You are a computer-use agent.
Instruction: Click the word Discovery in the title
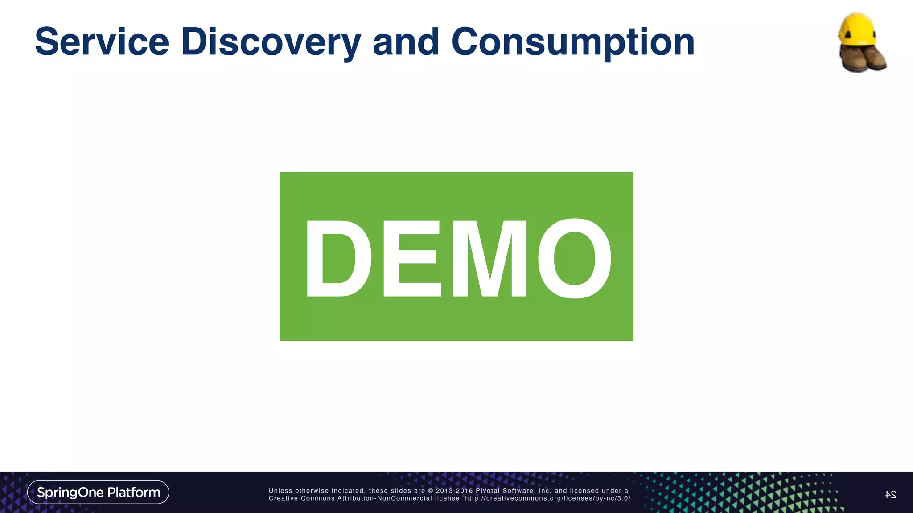[271, 42]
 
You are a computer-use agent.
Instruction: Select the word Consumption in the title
[573, 42]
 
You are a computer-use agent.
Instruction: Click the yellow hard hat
[856, 29]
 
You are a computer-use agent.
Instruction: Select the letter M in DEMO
[489, 259]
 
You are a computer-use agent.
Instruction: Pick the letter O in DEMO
[575, 259]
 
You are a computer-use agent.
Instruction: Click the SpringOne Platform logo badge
[98, 492]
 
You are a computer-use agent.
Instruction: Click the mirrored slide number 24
[890, 494]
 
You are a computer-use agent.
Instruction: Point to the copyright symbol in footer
[430, 491]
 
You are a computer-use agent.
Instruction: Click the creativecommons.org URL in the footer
[547, 498]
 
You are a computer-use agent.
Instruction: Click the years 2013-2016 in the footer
[454, 491]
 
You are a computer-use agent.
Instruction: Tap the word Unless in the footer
[280, 491]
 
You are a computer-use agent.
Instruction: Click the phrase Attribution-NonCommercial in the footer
[385, 498]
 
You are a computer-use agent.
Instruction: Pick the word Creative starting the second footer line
[283, 498]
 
